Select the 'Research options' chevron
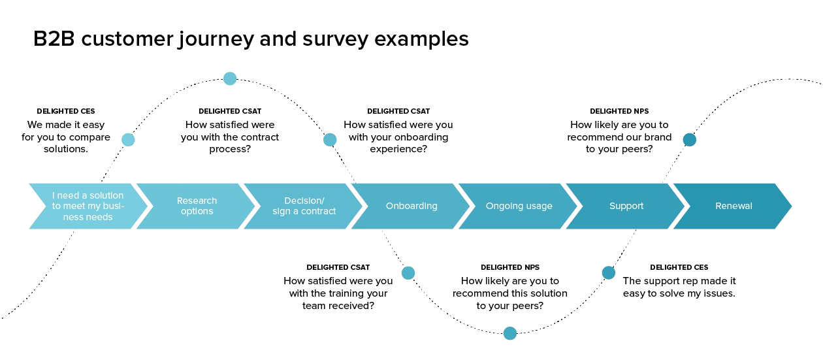(x=197, y=206)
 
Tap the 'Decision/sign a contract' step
(x=304, y=206)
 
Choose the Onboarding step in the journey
(x=411, y=206)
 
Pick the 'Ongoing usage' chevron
(x=519, y=206)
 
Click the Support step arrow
(x=626, y=206)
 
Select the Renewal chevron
(x=734, y=206)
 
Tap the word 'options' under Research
(x=197, y=211)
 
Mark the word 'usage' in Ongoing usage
(x=539, y=206)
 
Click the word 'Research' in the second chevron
(x=197, y=201)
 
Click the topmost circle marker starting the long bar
(x=229, y=79)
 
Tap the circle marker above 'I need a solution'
(x=128, y=139)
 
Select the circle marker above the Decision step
(x=330, y=139)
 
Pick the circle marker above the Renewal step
(x=690, y=139)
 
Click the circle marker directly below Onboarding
(x=408, y=272)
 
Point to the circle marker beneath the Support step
(x=608, y=272)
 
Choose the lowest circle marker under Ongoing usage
(x=509, y=333)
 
